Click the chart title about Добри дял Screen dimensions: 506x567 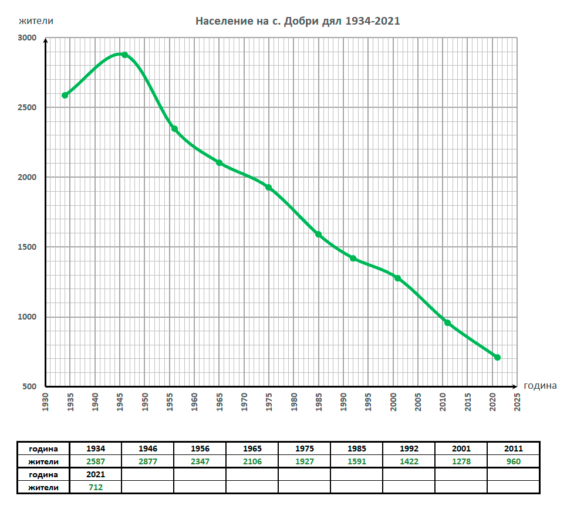298,21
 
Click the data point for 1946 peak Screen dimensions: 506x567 124,55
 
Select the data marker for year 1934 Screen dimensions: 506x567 65,95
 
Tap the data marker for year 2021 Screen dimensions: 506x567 497,357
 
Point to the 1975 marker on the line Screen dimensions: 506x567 269,188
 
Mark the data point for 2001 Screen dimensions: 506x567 397,278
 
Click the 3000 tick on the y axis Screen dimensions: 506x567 28,38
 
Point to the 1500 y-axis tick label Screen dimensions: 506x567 28,247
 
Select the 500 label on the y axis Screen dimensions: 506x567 30,387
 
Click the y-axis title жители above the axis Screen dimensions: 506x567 36,21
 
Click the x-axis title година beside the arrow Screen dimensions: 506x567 541,386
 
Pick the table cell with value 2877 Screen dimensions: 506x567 147,461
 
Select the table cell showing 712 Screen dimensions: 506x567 95,487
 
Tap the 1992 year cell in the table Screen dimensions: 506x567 409,449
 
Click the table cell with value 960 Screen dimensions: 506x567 513,461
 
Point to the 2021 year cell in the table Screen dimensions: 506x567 95,474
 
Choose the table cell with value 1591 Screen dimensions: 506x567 356,461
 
